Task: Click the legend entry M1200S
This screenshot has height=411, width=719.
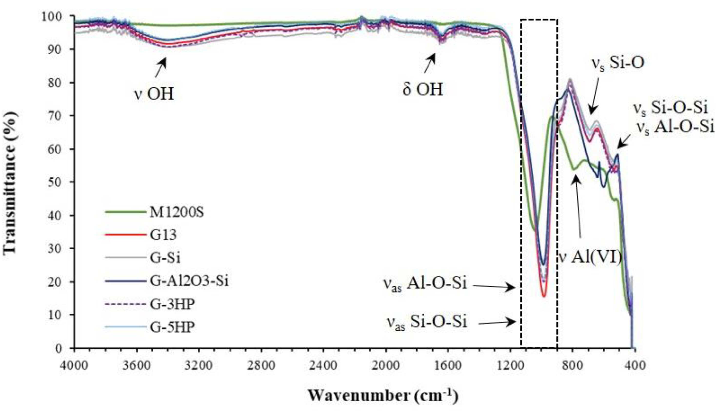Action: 176,212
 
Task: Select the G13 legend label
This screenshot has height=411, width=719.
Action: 163,235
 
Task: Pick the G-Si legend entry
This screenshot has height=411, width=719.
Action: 165,258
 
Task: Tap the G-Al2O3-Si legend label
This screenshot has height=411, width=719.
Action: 189,281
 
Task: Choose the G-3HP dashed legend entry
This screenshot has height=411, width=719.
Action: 172,304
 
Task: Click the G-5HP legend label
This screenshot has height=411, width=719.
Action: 172,327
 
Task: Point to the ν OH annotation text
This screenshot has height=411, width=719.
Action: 154,94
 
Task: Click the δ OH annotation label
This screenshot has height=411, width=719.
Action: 423,89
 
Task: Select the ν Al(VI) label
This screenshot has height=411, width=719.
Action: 590,258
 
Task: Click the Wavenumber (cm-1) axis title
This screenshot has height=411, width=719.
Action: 383,395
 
